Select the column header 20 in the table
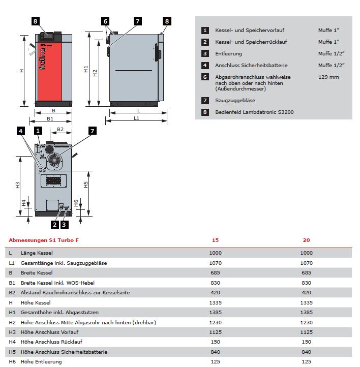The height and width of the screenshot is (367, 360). (x=306, y=240)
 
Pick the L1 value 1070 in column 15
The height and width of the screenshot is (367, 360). (x=216, y=263)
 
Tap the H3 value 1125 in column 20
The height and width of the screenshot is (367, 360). (x=307, y=332)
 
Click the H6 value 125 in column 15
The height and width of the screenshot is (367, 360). (x=216, y=361)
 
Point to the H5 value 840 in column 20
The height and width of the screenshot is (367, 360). (x=307, y=352)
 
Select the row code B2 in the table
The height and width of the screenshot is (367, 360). (x=12, y=292)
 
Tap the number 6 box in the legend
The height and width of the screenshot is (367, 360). (x=205, y=77)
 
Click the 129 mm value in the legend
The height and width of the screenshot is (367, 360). (x=328, y=77)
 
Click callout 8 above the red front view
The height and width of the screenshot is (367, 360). (x=35, y=21)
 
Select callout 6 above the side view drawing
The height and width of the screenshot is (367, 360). (x=105, y=21)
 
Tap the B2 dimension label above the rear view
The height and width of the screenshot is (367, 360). (x=60, y=130)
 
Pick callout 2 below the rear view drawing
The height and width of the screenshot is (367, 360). (x=54, y=224)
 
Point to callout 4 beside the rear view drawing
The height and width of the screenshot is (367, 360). (x=20, y=131)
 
